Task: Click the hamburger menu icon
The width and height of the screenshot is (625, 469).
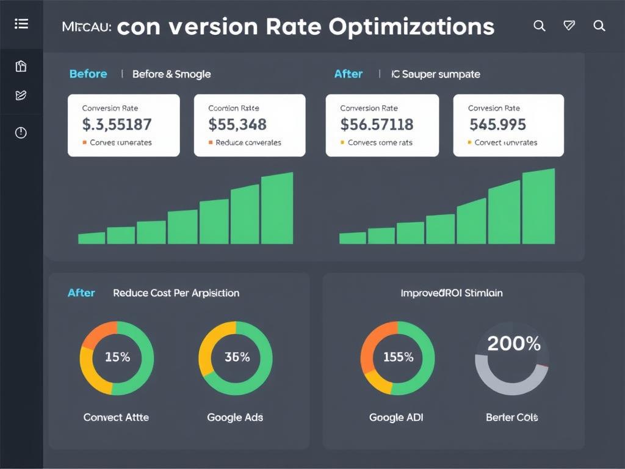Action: click(x=21, y=24)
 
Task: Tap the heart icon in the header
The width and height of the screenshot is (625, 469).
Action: click(x=569, y=26)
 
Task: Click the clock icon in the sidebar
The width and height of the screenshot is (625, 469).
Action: click(x=21, y=133)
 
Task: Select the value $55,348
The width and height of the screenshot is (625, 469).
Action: click(x=237, y=125)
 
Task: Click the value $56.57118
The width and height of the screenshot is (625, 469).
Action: click(x=377, y=125)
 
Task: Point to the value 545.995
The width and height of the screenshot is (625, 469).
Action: click(x=497, y=125)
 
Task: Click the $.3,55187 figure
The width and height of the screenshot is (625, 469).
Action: click(x=117, y=125)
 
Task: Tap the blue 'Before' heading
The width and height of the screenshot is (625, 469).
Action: click(x=88, y=74)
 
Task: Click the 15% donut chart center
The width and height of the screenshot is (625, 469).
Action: click(x=117, y=358)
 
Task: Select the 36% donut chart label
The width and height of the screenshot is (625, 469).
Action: click(x=236, y=358)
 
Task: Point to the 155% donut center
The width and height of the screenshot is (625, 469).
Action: click(x=397, y=358)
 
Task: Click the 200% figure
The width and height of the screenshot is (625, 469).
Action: click(x=513, y=344)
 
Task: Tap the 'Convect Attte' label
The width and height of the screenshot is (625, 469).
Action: click(x=116, y=418)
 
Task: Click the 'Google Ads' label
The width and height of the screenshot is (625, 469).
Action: click(x=235, y=418)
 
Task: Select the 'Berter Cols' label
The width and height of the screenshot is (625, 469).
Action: click(x=511, y=418)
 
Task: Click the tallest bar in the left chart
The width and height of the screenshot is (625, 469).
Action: click(x=277, y=209)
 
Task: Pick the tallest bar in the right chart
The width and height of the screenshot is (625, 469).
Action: click(x=538, y=207)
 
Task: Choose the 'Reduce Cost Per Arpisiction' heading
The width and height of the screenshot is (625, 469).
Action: click(x=176, y=293)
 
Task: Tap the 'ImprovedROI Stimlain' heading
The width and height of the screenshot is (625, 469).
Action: click(x=452, y=293)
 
